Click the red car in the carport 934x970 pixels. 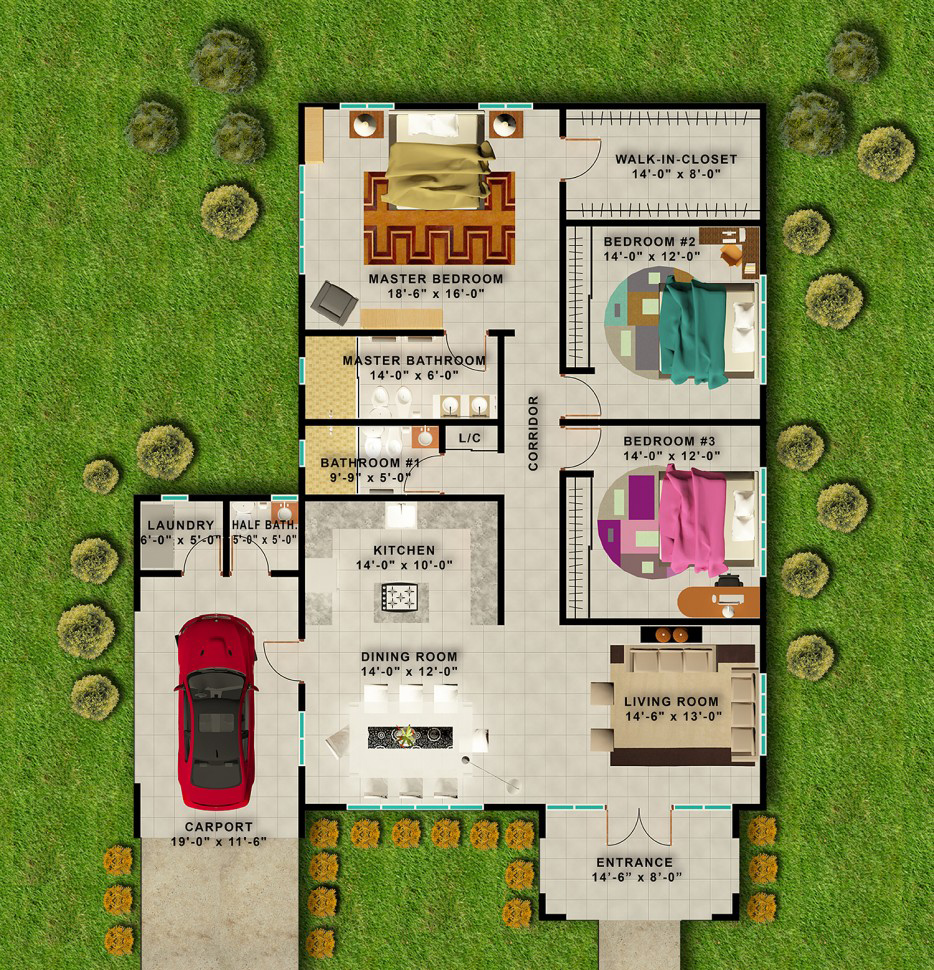tap(216, 711)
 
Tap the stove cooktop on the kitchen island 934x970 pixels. tap(400, 597)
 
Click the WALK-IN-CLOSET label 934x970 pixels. tap(676, 159)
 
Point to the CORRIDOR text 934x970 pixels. tap(533, 433)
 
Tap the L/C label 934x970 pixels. tap(469, 438)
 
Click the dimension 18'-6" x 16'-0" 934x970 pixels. tap(435, 294)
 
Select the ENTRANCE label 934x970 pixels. tap(634, 862)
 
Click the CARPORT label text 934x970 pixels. tap(218, 826)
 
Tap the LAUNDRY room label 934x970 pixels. tap(181, 525)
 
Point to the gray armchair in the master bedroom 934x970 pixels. tap(334, 303)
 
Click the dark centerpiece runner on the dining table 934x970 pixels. tap(410, 737)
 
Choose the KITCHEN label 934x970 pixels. tap(404, 550)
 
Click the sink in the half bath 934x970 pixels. tap(285, 513)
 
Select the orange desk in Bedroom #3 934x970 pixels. tap(719, 601)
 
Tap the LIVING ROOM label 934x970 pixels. tap(671, 702)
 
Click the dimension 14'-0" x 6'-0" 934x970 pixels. tap(414, 376)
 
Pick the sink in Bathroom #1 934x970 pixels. tap(425, 437)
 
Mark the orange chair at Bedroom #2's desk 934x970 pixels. tap(731, 255)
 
